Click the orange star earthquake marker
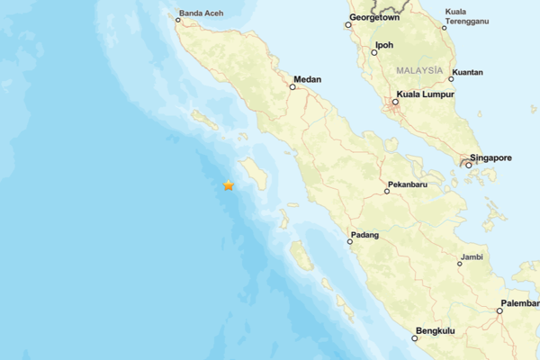pos(229,185)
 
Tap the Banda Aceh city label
pos(201,13)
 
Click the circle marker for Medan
pos(292,87)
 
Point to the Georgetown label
pos(374,16)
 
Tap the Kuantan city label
pos(467,72)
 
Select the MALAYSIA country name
pos(418,70)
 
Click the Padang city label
pos(365,235)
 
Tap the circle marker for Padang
pos(350,241)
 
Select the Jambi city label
pos(472,256)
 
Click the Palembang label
pos(520,302)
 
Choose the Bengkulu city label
pos(435,331)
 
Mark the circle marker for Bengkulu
pos(415,338)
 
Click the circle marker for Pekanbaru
pos(387,191)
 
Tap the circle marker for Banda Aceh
pos(178,20)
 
